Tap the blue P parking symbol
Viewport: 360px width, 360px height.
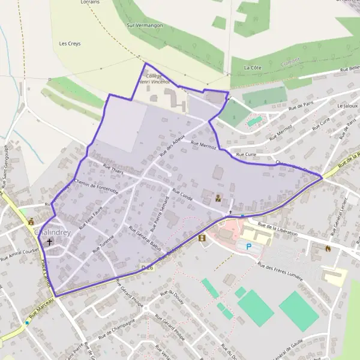click(248, 245)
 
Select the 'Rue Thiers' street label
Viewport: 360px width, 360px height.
click(112, 170)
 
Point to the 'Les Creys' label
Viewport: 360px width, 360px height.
click(70, 44)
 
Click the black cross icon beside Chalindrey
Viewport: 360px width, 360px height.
click(49, 243)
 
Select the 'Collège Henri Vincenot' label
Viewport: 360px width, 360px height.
click(155, 79)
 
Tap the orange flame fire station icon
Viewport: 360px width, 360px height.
click(328, 247)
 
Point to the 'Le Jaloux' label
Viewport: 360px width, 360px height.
click(347, 106)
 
